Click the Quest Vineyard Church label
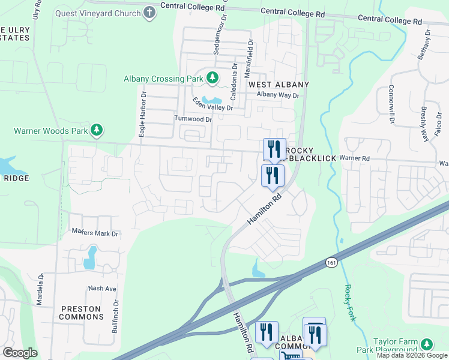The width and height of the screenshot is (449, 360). pos(98,13)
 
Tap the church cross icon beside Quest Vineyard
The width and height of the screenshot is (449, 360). pos(149,13)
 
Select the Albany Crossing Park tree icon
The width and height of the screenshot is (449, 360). pos(212,77)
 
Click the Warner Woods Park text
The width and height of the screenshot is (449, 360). pos(50,130)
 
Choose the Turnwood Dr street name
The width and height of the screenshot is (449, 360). pos(193,119)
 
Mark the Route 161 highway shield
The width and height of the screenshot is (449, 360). pos(331,262)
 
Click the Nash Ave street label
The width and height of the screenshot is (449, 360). pos(101,288)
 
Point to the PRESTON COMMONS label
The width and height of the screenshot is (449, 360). pos(80,313)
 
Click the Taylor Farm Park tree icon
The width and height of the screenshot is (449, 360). pos(427,344)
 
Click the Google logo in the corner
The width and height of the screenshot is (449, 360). pos(20,352)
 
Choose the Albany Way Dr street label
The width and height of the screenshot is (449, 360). pos(277,95)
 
